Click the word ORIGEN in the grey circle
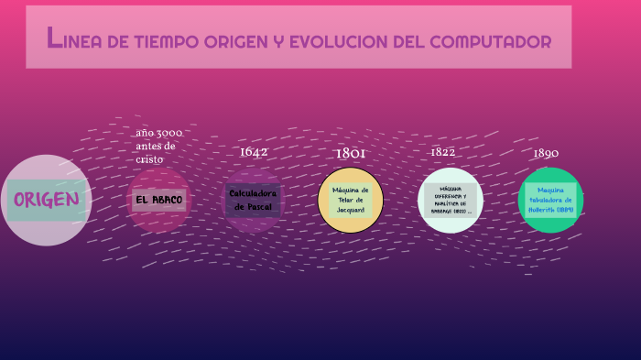(46, 200)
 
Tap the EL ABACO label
(158, 200)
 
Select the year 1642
(254, 152)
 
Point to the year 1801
(351, 153)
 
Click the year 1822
(443, 152)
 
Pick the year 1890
(546, 153)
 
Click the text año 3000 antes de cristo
(158, 146)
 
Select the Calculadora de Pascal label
(253, 200)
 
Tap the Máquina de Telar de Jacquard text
(351, 200)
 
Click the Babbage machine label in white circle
(450, 200)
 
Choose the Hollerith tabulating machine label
(550, 200)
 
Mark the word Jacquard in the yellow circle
(351, 209)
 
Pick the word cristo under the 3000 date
(149, 159)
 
